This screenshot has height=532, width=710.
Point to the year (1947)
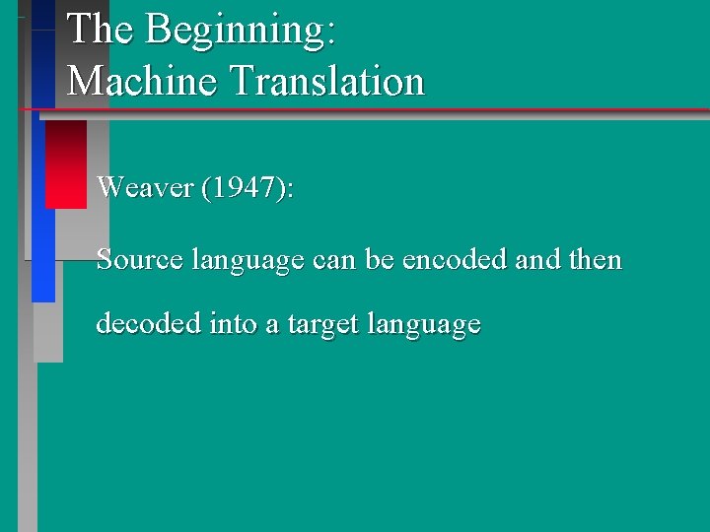246,186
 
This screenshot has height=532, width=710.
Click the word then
596,260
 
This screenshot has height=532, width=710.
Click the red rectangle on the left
66,165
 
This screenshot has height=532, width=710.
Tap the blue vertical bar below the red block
43,255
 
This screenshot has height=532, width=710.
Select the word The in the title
100,30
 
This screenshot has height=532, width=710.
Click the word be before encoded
379,260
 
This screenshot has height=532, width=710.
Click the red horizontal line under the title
394,109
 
